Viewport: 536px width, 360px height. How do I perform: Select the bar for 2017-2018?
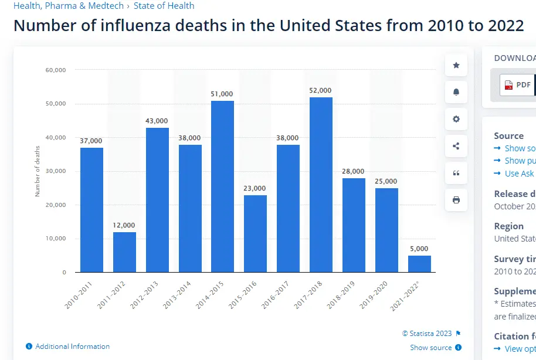point(321,184)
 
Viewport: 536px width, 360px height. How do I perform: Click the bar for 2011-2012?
point(124,252)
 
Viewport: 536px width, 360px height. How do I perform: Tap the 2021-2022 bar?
point(419,264)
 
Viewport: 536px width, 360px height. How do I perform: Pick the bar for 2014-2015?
point(222,186)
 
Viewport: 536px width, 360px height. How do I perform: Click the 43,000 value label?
point(157,121)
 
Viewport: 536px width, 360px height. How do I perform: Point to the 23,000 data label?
point(255,188)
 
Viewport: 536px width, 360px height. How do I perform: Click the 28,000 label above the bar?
point(354,171)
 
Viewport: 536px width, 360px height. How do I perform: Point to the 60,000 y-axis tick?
point(55,70)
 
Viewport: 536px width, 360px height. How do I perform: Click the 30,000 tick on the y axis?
point(55,171)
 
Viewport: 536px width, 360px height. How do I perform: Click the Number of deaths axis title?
point(38,171)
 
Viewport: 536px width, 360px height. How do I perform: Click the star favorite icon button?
point(456,65)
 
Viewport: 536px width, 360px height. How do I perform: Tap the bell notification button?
point(456,92)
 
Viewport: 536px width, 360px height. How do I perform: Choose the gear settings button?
point(456,119)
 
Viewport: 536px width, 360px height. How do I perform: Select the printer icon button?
point(456,200)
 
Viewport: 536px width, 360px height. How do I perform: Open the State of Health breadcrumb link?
point(164,6)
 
